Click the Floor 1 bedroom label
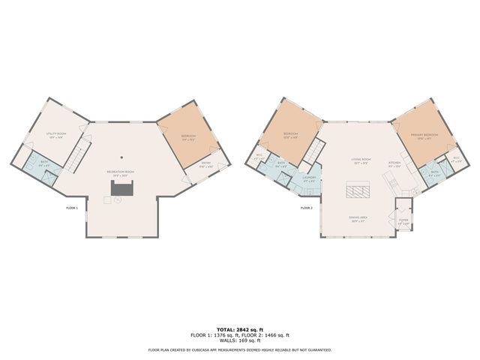[188, 137]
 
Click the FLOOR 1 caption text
[73, 207]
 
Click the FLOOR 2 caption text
[306, 207]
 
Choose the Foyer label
[403, 221]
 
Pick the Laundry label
[308, 178]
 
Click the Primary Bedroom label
[424, 136]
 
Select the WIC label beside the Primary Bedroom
[456, 159]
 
